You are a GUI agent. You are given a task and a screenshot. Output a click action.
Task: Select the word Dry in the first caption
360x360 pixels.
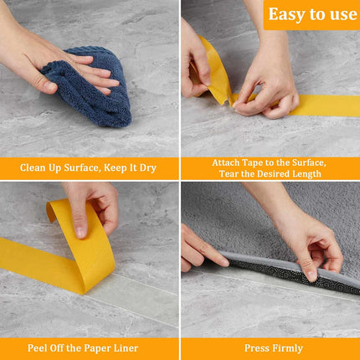pyautogui.click(x=147, y=168)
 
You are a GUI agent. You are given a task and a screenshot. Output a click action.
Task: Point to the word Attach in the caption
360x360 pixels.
pyautogui.click(x=225, y=162)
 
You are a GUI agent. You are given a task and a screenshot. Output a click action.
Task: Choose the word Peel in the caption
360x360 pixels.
pyautogui.click(x=37, y=348)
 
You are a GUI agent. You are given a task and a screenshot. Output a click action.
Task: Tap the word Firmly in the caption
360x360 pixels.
pyautogui.click(x=288, y=348)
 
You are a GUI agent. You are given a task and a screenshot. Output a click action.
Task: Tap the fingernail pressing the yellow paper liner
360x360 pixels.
pyautogui.click(x=81, y=233)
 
